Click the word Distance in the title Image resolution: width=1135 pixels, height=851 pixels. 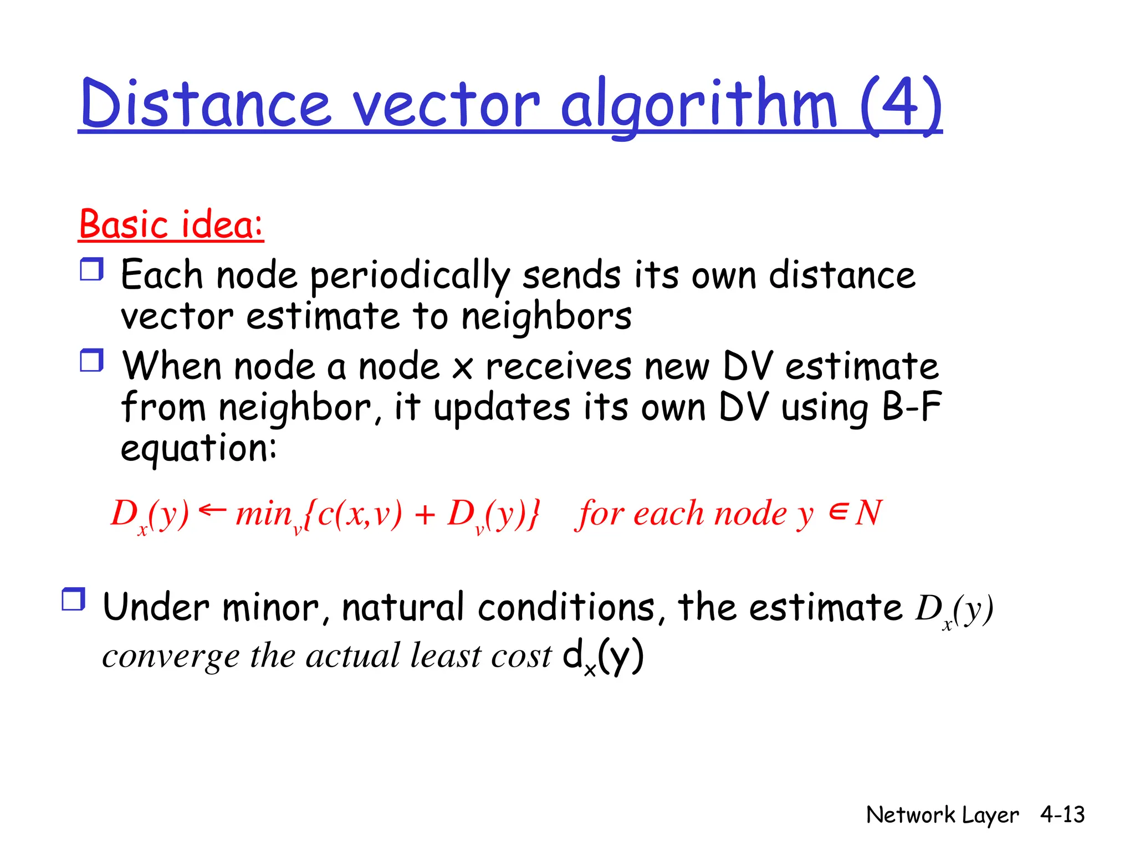[x=206, y=104]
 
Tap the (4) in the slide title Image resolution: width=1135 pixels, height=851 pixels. [x=901, y=104]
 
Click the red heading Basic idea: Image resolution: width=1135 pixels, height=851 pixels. [x=171, y=224]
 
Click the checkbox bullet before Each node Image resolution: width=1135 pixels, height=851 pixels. [x=91, y=269]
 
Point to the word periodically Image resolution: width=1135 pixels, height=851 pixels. [x=409, y=275]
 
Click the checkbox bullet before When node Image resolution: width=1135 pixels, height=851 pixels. [x=91, y=361]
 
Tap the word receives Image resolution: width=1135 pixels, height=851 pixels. [x=558, y=367]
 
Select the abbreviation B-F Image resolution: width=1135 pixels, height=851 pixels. [x=911, y=407]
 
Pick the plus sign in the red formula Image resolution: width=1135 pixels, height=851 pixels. [x=425, y=514]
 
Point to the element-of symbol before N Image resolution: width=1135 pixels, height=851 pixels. [x=838, y=511]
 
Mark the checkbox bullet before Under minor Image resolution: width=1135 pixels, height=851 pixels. [x=73, y=599]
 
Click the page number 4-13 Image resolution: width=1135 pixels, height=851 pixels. [x=1062, y=814]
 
